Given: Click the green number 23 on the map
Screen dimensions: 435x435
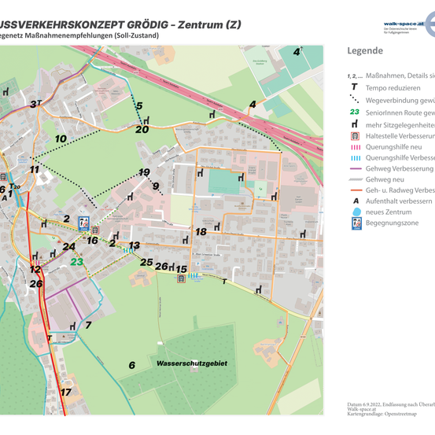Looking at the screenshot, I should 76,262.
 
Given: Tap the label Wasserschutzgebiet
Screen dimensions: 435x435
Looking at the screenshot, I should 192,364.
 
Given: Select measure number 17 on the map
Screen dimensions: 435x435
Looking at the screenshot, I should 66,392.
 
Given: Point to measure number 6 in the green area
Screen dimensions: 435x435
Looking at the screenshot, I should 132,365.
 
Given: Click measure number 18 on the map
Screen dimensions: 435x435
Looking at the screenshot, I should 201,231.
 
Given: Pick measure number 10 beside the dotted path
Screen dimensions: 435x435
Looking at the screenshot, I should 61,138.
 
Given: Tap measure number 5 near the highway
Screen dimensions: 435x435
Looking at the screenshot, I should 138,105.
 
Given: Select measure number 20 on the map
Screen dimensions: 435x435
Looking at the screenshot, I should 142,129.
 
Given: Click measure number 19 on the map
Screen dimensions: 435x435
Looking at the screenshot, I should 144,171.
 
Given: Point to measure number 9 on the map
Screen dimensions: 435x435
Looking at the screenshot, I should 156,186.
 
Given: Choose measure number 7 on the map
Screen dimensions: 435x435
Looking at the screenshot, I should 88,324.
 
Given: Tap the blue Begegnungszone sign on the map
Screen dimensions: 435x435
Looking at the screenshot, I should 84,223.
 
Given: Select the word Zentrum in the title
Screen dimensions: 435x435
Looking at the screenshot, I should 200,24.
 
